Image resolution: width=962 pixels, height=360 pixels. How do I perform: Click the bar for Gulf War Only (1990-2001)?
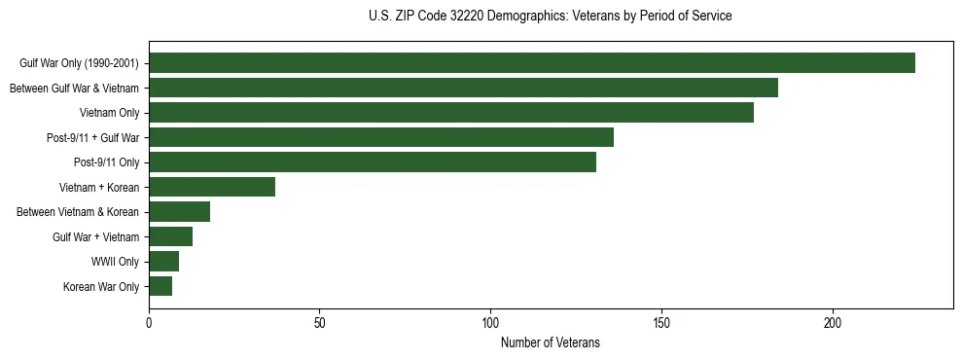point(532,63)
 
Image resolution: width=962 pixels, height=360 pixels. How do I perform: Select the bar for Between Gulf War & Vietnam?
point(463,89)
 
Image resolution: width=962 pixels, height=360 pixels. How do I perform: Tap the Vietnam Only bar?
point(451,113)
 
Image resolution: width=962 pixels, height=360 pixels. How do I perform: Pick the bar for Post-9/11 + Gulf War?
point(381,137)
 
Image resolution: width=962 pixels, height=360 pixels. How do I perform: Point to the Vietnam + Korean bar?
point(212,187)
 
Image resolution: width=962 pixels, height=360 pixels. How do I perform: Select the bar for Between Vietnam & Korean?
point(180,212)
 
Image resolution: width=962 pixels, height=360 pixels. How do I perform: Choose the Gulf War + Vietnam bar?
point(171,236)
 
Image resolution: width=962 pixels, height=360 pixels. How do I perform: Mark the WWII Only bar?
point(164,261)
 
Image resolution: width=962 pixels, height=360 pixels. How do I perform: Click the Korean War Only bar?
point(160,286)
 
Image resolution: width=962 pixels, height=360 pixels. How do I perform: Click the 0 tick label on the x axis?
point(149,324)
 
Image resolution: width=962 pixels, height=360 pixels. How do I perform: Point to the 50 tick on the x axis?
point(320,324)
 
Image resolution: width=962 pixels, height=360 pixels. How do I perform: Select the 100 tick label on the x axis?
point(490,324)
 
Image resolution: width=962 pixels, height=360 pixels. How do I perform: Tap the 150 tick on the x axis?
point(661,324)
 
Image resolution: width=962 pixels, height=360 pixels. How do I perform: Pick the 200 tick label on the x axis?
point(833,324)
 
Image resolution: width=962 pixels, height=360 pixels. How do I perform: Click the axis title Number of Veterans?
point(551,342)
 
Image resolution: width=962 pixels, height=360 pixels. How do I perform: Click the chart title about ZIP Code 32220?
point(551,17)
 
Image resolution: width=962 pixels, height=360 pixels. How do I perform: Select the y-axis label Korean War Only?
point(102,287)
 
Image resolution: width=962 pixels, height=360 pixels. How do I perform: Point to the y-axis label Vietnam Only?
point(110,114)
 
